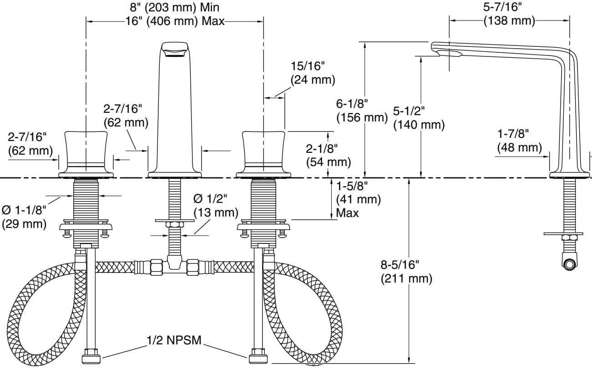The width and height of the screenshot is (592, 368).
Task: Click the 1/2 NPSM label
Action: click(173, 340)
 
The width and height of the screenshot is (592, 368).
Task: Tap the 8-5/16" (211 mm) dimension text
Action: click(406, 271)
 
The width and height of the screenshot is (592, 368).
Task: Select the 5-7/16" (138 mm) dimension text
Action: click(509, 14)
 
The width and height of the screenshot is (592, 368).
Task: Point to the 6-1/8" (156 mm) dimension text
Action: click(361, 111)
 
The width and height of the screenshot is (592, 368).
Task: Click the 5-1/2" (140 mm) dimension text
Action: click(419, 117)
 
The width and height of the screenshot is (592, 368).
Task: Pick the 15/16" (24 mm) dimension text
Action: click(313, 73)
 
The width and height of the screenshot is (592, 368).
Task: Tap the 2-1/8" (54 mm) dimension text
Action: click(328, 155)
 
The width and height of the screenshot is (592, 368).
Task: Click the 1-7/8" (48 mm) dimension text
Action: click(519, 141)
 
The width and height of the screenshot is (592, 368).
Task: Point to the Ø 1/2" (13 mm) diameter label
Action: click(216, 205)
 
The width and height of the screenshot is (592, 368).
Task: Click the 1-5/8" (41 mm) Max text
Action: click(358, 199)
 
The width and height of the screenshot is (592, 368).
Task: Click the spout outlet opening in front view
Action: click(175, 54)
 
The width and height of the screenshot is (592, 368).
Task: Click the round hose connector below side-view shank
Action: click(569, 264)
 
